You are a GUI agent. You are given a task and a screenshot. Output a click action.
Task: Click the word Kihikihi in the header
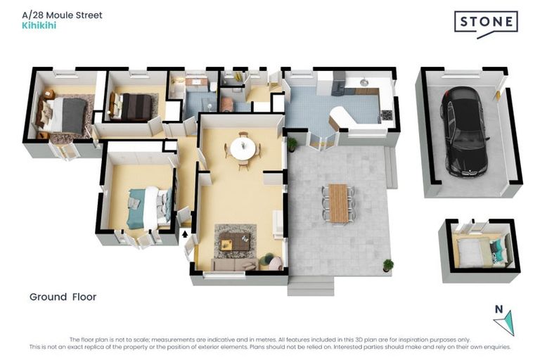(x=39, y=25)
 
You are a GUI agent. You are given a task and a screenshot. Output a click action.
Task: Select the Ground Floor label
(x=63, y=297)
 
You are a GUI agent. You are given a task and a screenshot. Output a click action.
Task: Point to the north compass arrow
(x=506, y=322)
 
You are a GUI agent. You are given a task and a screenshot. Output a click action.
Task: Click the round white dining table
(x=243, y=149)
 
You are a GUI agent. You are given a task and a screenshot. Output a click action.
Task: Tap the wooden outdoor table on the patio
(x=338, y=203)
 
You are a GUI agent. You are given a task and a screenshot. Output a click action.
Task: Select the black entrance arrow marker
(x=185, y=234)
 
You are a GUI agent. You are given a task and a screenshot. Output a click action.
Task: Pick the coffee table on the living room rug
(x=236, y=240)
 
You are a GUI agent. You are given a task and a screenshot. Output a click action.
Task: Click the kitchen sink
(x=364, y=82)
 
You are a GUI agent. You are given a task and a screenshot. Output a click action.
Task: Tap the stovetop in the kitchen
(x=387, y=115)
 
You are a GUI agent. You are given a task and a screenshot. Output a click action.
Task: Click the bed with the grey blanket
(x=64, y=115)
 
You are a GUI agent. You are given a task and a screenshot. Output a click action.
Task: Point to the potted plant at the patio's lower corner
(x=388, y=265)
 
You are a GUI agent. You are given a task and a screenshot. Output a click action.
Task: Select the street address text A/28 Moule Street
(x=63, y=15)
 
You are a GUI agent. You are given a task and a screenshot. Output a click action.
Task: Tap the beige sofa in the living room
(x=235, y=264)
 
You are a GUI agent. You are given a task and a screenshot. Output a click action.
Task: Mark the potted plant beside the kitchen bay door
(x=292, y=144)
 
